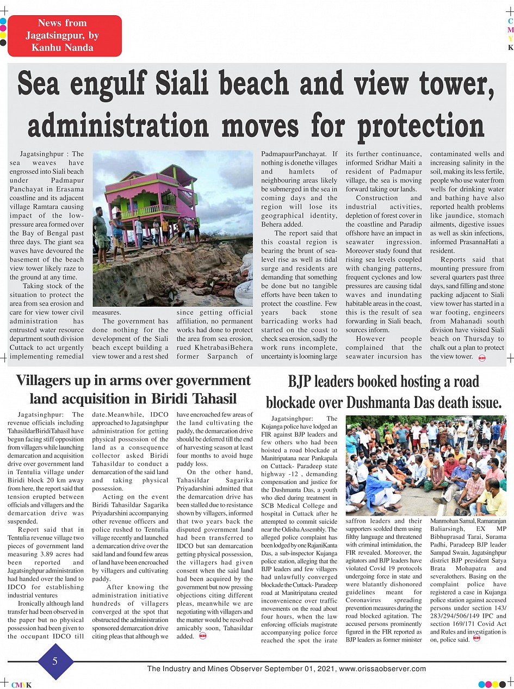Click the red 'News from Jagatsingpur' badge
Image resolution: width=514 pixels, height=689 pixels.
click(x=64, y=36)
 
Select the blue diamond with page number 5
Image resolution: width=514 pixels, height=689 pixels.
click(x=55, y=661)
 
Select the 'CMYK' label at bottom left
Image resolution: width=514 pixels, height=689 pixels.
click(x=21, y=685)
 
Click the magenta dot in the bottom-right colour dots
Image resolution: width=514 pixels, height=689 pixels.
click(x=488, y=684)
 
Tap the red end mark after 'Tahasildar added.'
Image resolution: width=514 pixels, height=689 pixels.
click(x=203, y=636)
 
